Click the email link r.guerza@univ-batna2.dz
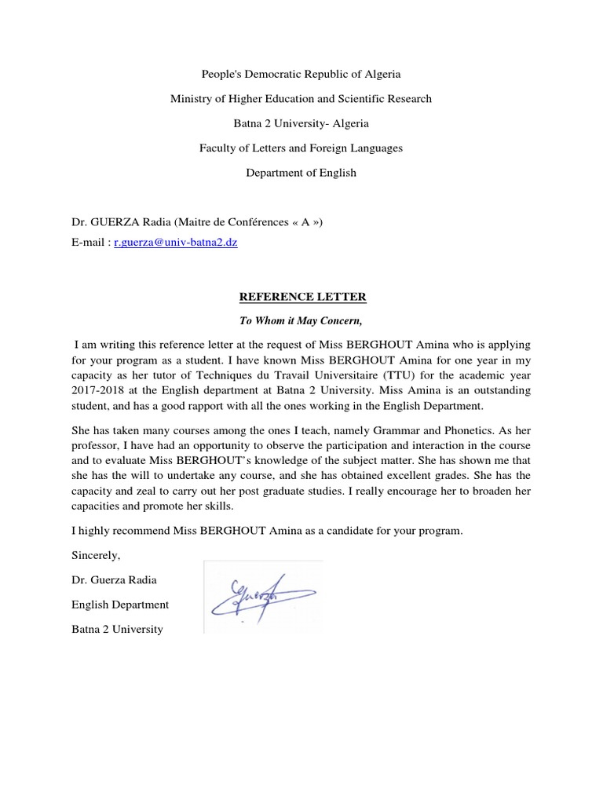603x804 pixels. [175, 243]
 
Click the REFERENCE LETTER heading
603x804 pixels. [302, 297]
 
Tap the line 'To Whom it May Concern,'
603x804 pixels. [302, 320]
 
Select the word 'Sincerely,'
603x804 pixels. [96, 555]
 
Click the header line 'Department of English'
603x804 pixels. [301, 173]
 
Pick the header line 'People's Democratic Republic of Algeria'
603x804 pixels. [301, 74]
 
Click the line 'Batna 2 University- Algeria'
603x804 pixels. [301, 123]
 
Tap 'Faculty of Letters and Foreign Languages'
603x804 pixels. [301, 148]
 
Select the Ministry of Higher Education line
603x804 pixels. [301, 98]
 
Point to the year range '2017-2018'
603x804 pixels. [96, 390]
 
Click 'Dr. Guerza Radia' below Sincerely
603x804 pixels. [115, 579]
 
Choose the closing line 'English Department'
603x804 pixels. [120, 605]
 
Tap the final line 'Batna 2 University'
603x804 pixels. [118, 629]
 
